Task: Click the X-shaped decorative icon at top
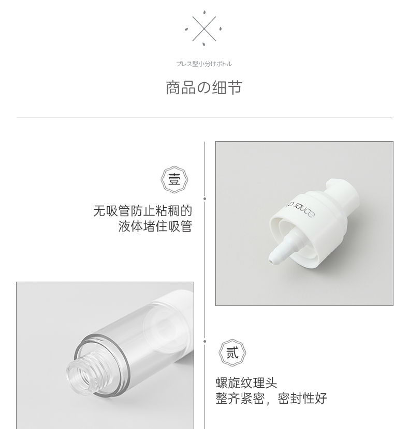tap(204, 28)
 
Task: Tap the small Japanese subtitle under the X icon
tap(204, 64)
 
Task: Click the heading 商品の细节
tap(204, 87)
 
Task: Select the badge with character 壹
tap(174, 180)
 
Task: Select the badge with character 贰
tap(232, 353)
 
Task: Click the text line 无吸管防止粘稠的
tap(142, 211)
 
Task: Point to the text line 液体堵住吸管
tap(155, 226)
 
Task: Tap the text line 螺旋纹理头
tap(246, 382)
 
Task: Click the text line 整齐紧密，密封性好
tap(271, 399)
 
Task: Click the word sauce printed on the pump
tap(304, 210)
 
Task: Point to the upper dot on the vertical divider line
tap(205, 198)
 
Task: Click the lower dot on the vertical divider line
tap(205, 342)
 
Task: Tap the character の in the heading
tap(203, 88)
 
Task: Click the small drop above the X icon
tap(204, 12)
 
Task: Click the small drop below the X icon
tap(204, 44)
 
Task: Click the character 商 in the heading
tap(173, 88)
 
